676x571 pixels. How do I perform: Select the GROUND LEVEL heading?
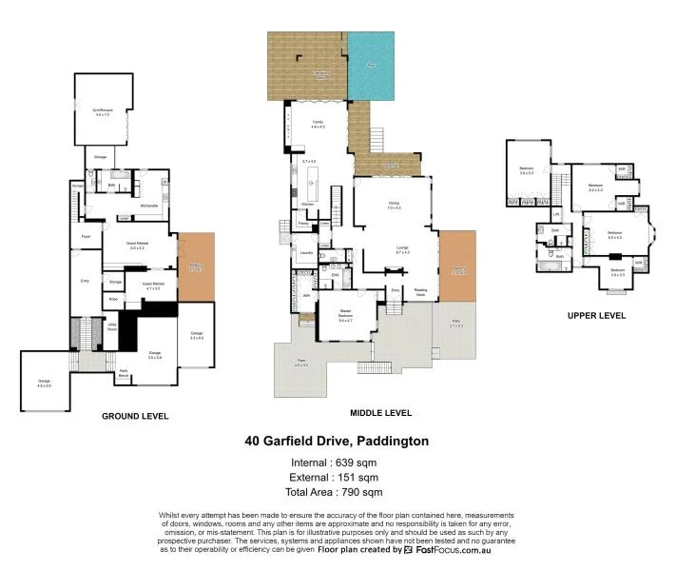coord(135,416)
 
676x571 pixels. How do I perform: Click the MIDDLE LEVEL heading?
coord(380,413)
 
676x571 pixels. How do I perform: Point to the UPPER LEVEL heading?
coord(596,315)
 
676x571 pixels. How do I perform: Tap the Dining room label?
coord(394,205)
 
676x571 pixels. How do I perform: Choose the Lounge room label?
coord(402,249)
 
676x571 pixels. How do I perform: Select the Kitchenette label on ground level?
coord(148,206)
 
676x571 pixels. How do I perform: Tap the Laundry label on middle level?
coord(306,252)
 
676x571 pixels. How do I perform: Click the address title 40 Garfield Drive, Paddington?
coord(337,442)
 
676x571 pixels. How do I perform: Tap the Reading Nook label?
coord(419,293)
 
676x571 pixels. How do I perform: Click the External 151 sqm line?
coord(337,477)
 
